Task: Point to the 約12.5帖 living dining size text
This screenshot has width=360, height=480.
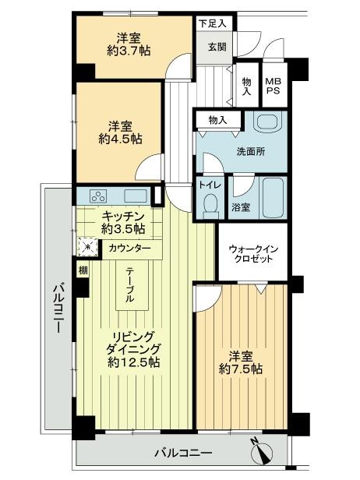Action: (x=133, y=362)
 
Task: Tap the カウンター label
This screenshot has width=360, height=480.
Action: (x=131, y=249)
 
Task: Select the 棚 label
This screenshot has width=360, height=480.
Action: (x=83, y=270)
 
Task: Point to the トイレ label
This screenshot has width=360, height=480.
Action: (x=209, y=185)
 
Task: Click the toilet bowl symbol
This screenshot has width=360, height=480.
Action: (x=209, y=204)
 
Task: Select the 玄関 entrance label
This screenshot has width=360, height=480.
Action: (x=215, y=46)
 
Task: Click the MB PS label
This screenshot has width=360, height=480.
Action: (x=274, y=86)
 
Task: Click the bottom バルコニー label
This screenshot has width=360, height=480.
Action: (x=182, y=452)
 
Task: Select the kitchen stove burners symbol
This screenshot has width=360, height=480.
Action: (x=99, y=196)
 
